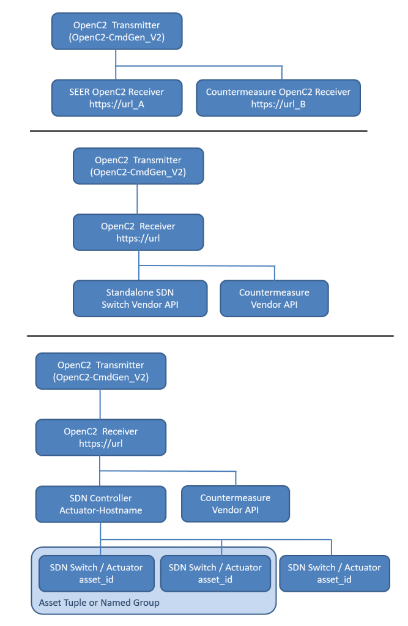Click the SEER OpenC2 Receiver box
point(117,98)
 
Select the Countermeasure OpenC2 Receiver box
point(278,98)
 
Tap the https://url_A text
point(117,104)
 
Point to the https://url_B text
point(278,104)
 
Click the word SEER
point(79,92)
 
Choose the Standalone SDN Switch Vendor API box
point(140,298)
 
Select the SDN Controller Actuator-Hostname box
point(100,504)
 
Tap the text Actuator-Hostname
point(100,510)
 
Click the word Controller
point(111,498)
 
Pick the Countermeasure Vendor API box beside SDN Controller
point(236,504)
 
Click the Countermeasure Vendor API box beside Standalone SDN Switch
point(274,298)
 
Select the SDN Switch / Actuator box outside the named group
point(335,573)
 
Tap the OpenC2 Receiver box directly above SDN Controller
point(100,437)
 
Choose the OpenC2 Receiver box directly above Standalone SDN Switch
point(138,233)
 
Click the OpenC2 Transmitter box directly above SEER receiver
point(117,31)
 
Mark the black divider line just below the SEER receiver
point(198,130)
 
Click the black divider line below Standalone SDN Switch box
point(210,336)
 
